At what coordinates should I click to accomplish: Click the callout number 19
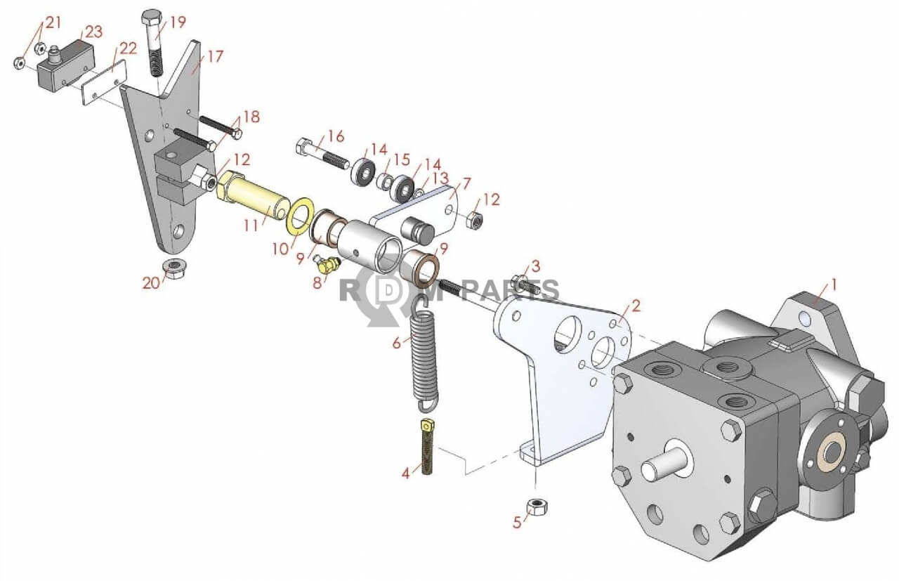tap(178, 22)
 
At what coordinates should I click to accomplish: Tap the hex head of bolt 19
tap(151, 16)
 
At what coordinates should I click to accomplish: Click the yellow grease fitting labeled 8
tap(327, 265)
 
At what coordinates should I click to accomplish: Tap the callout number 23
tap(93, 32)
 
